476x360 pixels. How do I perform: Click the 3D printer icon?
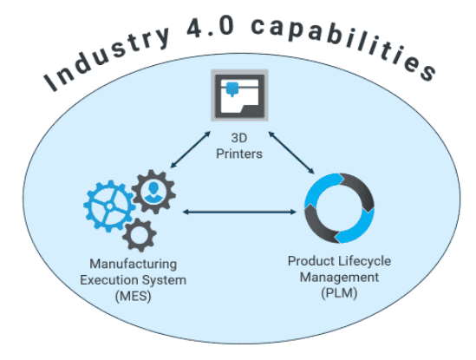239,95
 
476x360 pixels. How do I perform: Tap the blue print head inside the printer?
232,88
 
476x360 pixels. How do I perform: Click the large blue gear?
109,206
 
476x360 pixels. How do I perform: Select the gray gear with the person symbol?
153,192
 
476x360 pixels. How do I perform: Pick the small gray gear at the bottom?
140,235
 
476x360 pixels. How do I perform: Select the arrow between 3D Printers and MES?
191,149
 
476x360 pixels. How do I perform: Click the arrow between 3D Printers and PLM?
291,153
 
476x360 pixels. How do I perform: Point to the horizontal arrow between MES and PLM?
239,212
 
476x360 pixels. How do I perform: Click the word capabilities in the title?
343,46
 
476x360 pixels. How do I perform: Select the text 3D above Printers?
239,138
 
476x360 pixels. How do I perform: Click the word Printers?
239,154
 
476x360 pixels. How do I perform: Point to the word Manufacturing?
133,264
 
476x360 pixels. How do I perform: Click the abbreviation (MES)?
133,296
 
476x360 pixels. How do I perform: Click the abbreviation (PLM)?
339,293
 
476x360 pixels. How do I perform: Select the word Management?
339,278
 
